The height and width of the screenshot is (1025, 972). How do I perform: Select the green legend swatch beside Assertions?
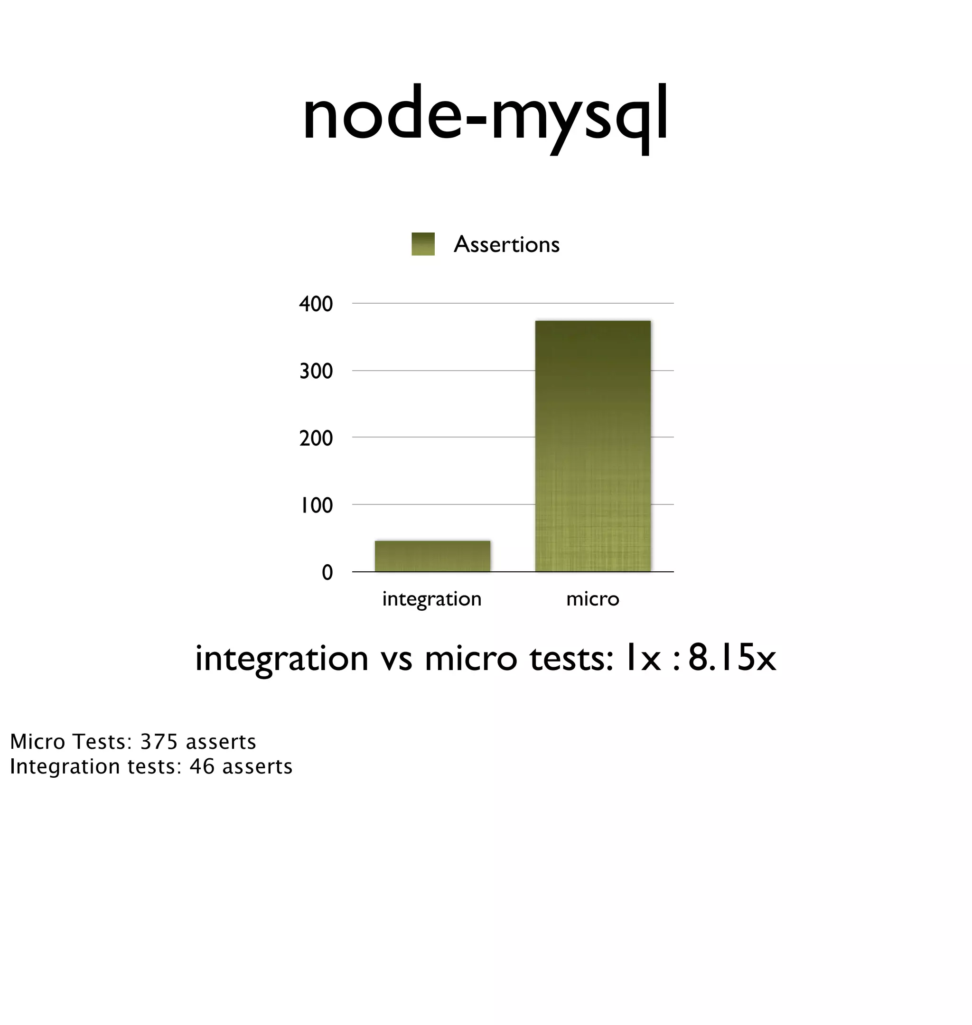click(423, 244)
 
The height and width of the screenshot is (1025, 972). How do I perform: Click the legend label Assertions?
click(506, 244)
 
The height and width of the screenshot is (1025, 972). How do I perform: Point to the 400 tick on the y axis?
click(316, 304)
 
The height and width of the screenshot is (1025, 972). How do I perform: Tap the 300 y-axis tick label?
click(316, 372)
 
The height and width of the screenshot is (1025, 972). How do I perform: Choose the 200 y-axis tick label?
click(316, 438)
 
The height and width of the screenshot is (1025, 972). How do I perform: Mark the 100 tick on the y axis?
click(317, 505)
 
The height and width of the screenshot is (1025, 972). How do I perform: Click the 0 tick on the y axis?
click(327, 572)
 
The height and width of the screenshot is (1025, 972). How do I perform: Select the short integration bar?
click(432, 556)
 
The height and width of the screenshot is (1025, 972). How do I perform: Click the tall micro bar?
click(593, 446)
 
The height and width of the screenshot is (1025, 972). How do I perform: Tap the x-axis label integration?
click(431, 599)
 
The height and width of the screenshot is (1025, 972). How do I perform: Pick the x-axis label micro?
click(593, 599)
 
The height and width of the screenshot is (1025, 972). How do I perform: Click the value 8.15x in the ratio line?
click(732, 658)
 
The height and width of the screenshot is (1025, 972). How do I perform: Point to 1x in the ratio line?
click(643, 658)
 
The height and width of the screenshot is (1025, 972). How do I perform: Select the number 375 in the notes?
click(159, 742)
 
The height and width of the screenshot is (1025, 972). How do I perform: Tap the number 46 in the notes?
click(202, 766)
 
